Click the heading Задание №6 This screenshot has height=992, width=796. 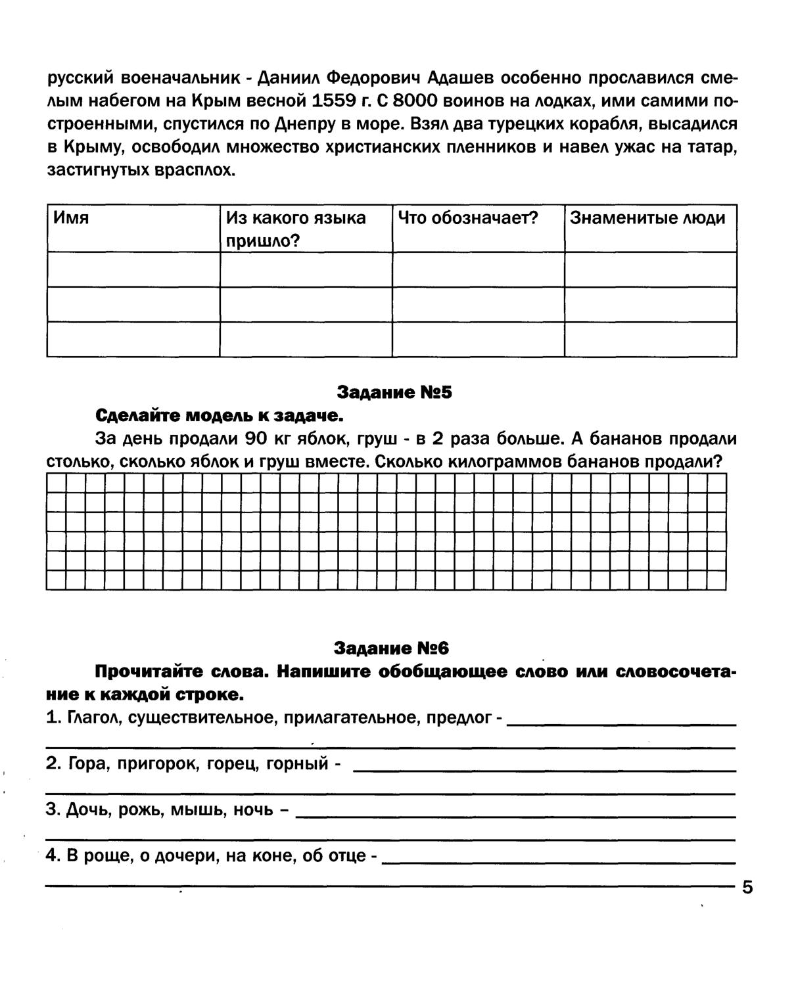(x=391, y=648)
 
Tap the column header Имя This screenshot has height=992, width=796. (x=71, y=218)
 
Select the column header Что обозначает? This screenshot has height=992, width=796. (x=468, y=218)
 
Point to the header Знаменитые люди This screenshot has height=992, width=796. (x=647, y=218)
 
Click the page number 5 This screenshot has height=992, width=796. (x=747, y=888)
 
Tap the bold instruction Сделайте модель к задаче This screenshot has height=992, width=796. (x=220, y=416)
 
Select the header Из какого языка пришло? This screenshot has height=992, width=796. (x=296, y=229)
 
